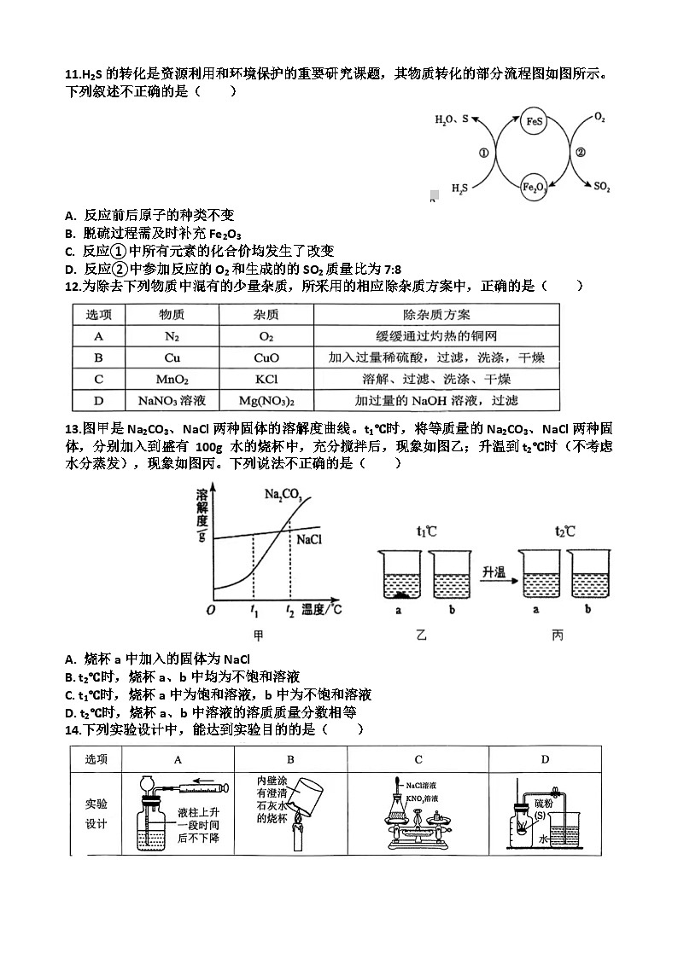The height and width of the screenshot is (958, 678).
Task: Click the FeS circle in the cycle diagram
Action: click(x=534, y=121)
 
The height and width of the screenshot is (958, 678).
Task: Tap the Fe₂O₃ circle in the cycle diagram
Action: click(x=534, y=187)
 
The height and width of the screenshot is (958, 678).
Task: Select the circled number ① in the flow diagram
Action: click(x=483, y=153)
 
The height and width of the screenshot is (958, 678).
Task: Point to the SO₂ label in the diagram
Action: click(x=602, y=187)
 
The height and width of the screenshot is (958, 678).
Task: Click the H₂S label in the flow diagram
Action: click(x=459, y=189)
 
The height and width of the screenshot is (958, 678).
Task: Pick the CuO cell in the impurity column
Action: click(x=266, y=358)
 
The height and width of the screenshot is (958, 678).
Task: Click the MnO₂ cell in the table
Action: click(x=172, y=380)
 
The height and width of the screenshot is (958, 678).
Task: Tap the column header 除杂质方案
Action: click(x=435, y=315)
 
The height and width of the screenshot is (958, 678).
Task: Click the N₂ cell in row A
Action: click(x=172, y=337)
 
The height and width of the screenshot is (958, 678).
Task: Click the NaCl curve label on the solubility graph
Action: click(x=309, y=539)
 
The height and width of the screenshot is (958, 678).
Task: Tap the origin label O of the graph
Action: click(x=210, y=610)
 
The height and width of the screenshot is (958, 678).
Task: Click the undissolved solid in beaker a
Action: click(x=400, y=595)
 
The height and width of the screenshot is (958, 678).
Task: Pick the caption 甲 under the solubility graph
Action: click(x=258, y=636)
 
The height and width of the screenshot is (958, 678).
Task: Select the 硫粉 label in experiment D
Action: click(x=543, y=804)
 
